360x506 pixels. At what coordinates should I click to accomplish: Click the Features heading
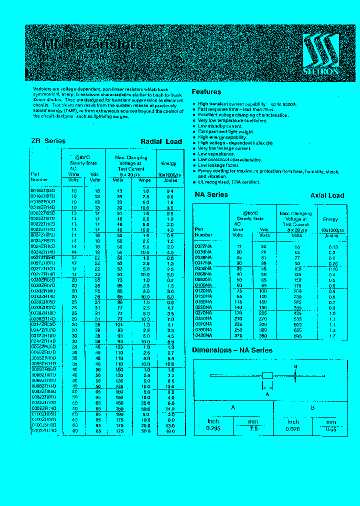(206, 92)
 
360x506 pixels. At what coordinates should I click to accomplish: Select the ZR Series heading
(48, 141)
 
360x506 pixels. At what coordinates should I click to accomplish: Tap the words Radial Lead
(161, 141)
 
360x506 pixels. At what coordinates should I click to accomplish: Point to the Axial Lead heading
(327, 195)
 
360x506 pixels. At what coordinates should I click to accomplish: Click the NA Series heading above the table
(211, 194)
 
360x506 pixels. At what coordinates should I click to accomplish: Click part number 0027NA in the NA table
(203, 247)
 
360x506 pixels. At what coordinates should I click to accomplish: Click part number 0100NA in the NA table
(203, 285)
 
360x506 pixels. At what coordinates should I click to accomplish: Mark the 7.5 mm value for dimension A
(254, 428)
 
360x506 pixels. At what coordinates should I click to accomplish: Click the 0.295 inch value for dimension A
(213, 428)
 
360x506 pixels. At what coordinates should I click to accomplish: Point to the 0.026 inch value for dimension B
(293, 428)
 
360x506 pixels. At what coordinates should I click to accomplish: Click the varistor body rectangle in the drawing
(267, 375)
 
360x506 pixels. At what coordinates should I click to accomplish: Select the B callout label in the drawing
(295, 366)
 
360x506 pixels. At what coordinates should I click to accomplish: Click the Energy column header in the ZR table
(168, 163)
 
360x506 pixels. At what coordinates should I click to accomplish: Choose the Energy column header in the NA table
(330, 219)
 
